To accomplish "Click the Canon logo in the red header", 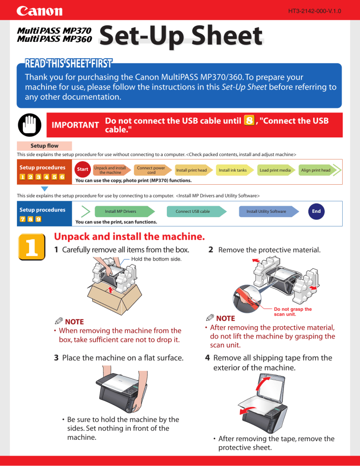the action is (39, 11).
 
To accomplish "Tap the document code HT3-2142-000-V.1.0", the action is (315, 11).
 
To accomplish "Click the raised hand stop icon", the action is (30, 125).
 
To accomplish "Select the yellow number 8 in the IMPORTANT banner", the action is (249, 120).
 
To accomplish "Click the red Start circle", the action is (82, 169).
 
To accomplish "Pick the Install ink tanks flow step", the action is (234, 170).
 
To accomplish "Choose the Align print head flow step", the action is (317, 170).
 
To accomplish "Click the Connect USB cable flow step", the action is (196, 211).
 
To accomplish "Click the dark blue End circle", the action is (316, 211).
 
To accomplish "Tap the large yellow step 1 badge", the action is (32, 247).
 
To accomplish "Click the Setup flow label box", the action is (44, 146).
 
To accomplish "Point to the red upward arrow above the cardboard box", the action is (111, 289).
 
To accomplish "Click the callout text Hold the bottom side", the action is (157, 259).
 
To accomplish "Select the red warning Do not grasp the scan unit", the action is (293, 311).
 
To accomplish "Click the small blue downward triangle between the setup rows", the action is (45, 188).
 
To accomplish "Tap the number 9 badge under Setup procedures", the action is (38, 219).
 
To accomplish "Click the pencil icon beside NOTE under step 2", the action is (210, 317).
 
